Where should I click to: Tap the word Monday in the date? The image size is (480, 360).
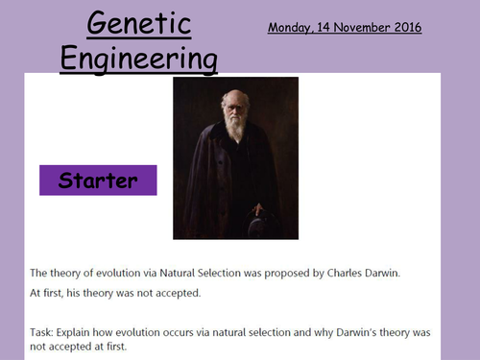[x=294, y=28]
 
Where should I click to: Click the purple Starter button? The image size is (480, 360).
[x=97, y=180]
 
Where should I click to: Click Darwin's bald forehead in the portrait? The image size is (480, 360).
[x=234, y=98]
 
